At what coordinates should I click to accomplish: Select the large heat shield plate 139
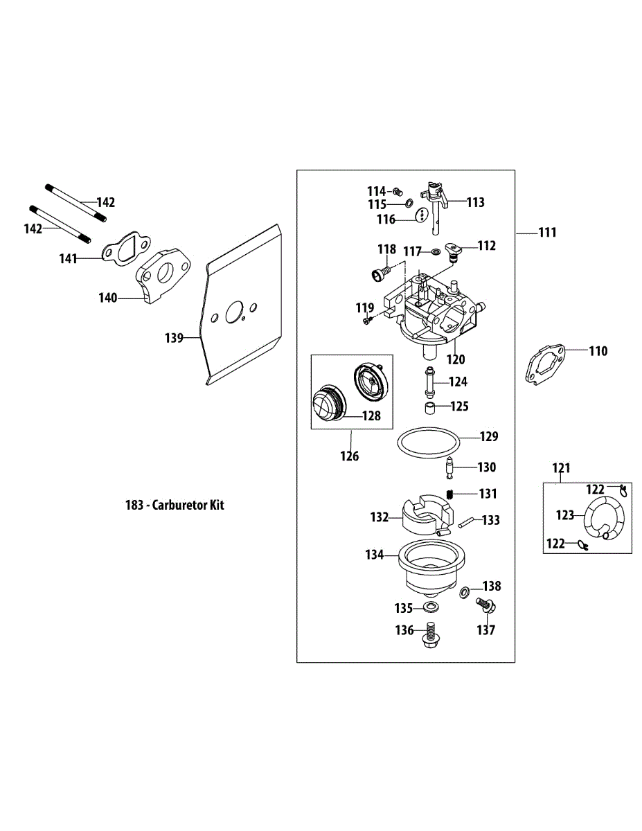click(242, 305)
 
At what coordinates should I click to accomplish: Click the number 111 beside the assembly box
click(547, 233)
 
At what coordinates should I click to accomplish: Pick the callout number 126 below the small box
click(350, 456)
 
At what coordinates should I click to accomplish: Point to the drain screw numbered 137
click(485, 608)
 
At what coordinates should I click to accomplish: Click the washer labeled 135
click(431, 608)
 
